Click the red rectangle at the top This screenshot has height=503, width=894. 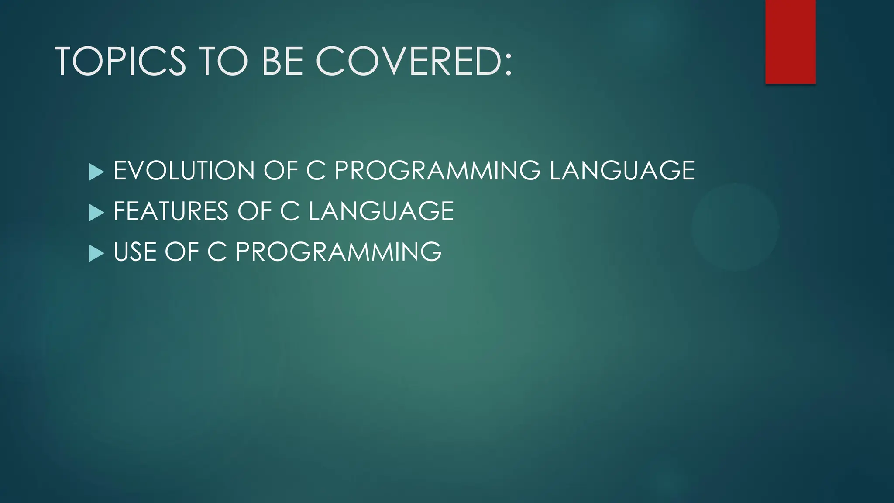(x=790, y=42)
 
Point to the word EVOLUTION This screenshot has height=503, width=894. (x=184, y=170)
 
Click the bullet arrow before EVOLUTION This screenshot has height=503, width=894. (x=96, y=172)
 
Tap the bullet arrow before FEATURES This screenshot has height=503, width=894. (x=96, y=213)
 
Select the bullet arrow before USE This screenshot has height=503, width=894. (x=96, y=253)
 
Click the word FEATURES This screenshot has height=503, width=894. (x=171, y=211)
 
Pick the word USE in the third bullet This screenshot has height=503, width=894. (x=134, y=252)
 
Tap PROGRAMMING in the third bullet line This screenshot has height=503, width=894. (x=338, y=252)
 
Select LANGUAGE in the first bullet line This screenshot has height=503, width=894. (x=622, y=170)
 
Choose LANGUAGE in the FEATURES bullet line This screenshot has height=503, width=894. (x=381, y=211)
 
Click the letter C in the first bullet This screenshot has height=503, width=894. (x=316, y=170)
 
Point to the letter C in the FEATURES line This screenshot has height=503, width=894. (x=289, y=211)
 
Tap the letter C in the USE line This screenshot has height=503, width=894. (x=217, y=252)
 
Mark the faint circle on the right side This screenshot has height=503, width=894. (x=735, y=227)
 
